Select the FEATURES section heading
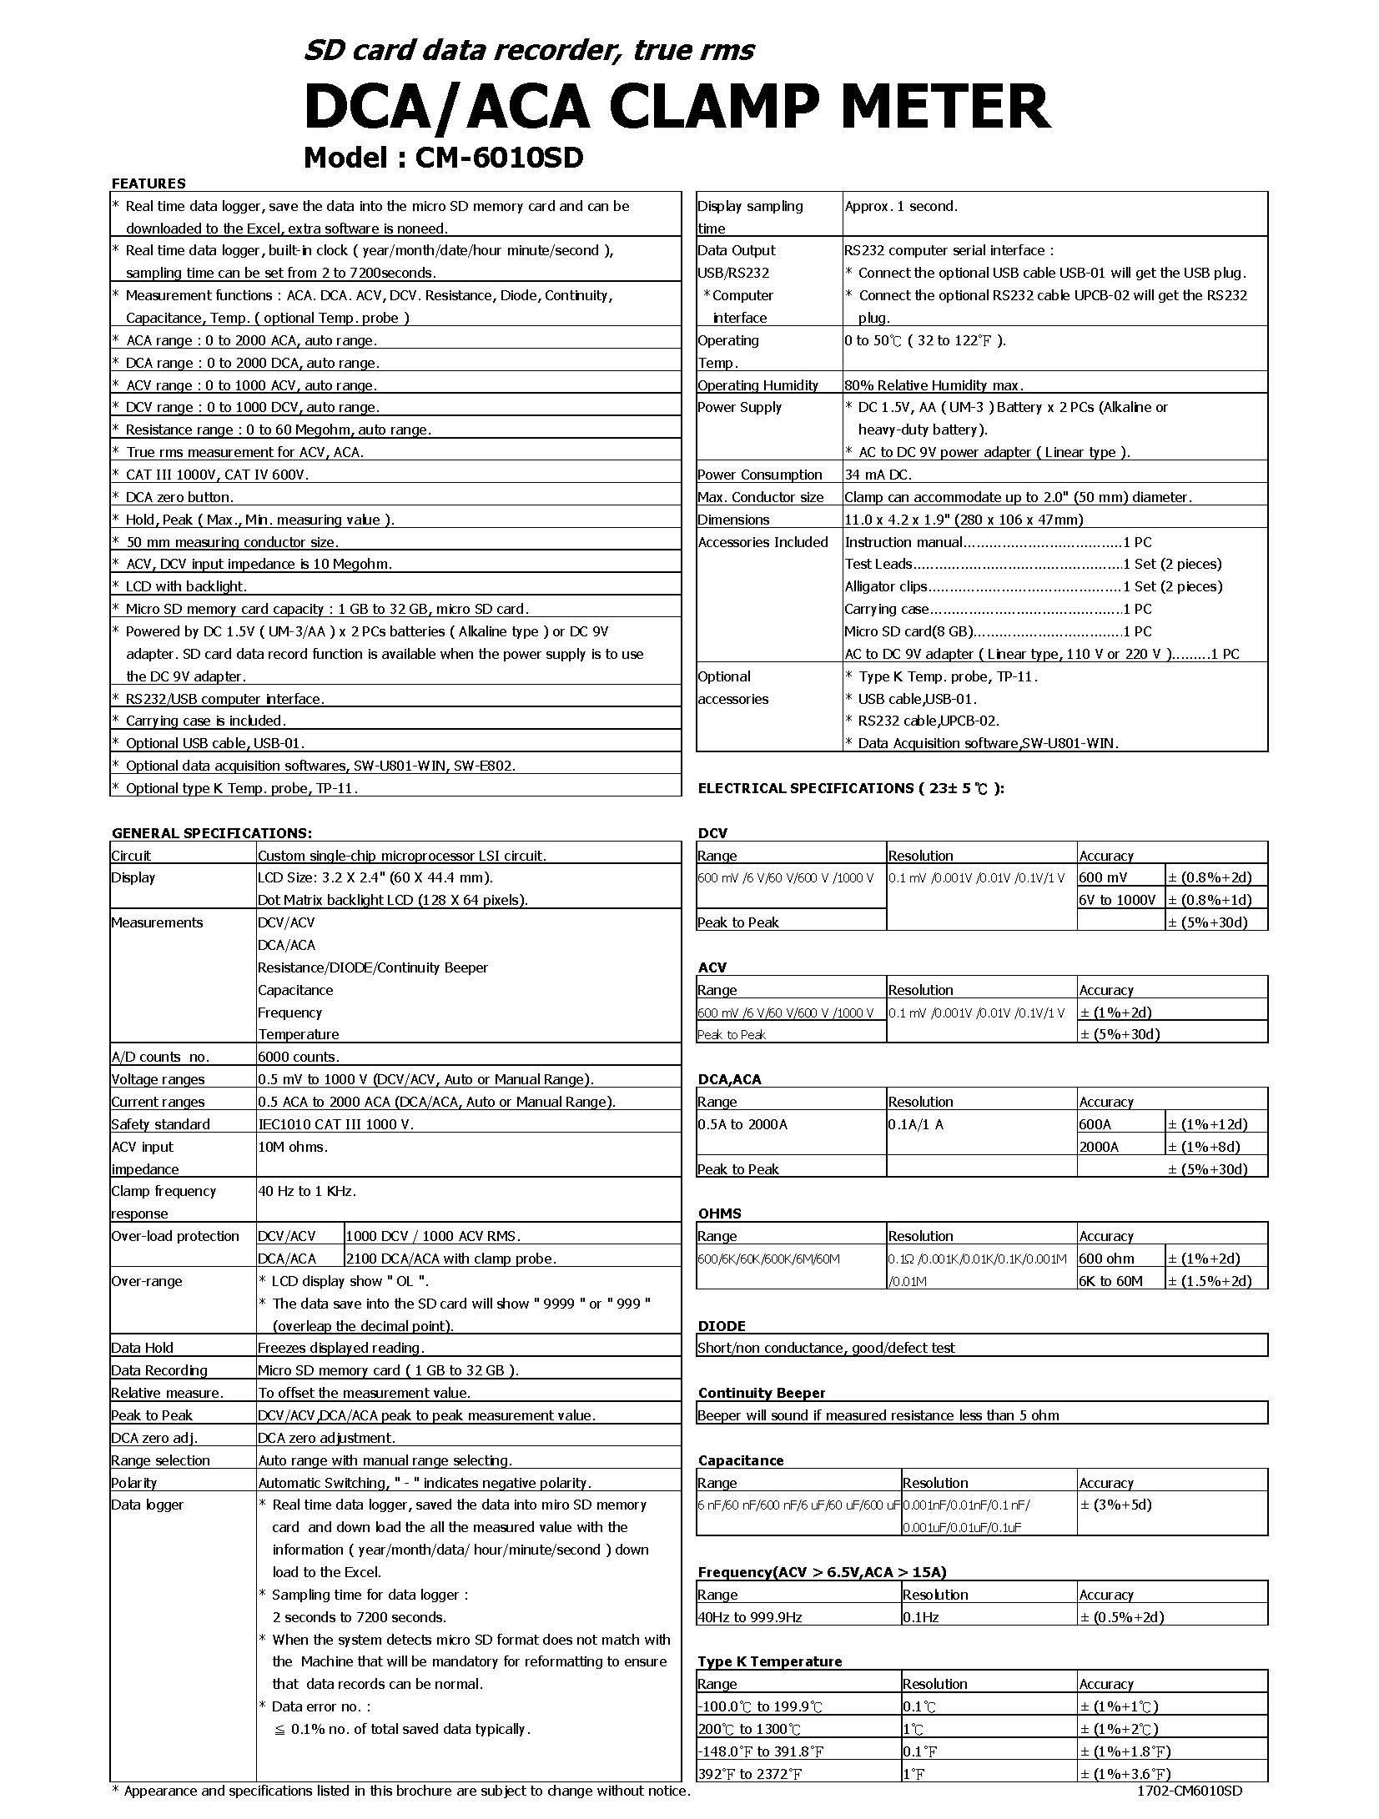click(x=148, y=183)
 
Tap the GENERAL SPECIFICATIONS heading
click(x=212, y=832)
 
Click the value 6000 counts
click(x=299, y=1057)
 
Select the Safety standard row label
click(x=160, y=1124)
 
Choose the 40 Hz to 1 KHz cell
click(x=307, y=1191)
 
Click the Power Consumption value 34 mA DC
click(x=878, y=475)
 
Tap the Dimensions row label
click(x=733, y=520)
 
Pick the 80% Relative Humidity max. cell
click(x=934, y=385)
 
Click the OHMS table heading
click(x=719, y=1214)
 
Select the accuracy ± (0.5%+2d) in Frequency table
click(x=1122, y=1616)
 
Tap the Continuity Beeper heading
click(x=762, y=1393)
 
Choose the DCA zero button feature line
click(x=179, y=497)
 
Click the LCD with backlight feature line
click(x=186, y=586)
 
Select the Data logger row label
click(x=147, y=1505)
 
